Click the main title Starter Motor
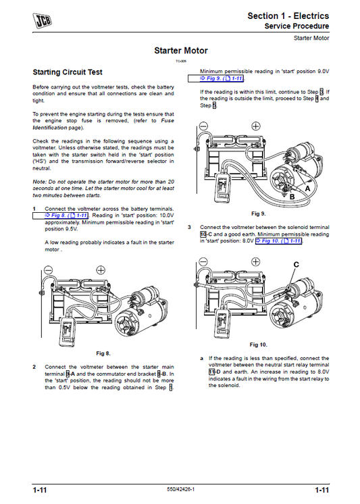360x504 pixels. (180, 51)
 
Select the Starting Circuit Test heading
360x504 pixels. (72, 72)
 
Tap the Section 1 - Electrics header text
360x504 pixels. (288, 16)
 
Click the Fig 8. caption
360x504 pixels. (103, 353)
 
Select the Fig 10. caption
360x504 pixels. (259, 344)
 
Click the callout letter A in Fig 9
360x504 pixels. (309, 190)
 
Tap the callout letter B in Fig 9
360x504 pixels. (292, 198)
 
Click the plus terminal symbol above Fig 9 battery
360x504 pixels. (255, 126)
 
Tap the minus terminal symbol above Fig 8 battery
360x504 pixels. (46, 270)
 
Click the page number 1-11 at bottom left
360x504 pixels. (38, 490)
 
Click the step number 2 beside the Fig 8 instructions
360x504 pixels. (34, 367)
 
